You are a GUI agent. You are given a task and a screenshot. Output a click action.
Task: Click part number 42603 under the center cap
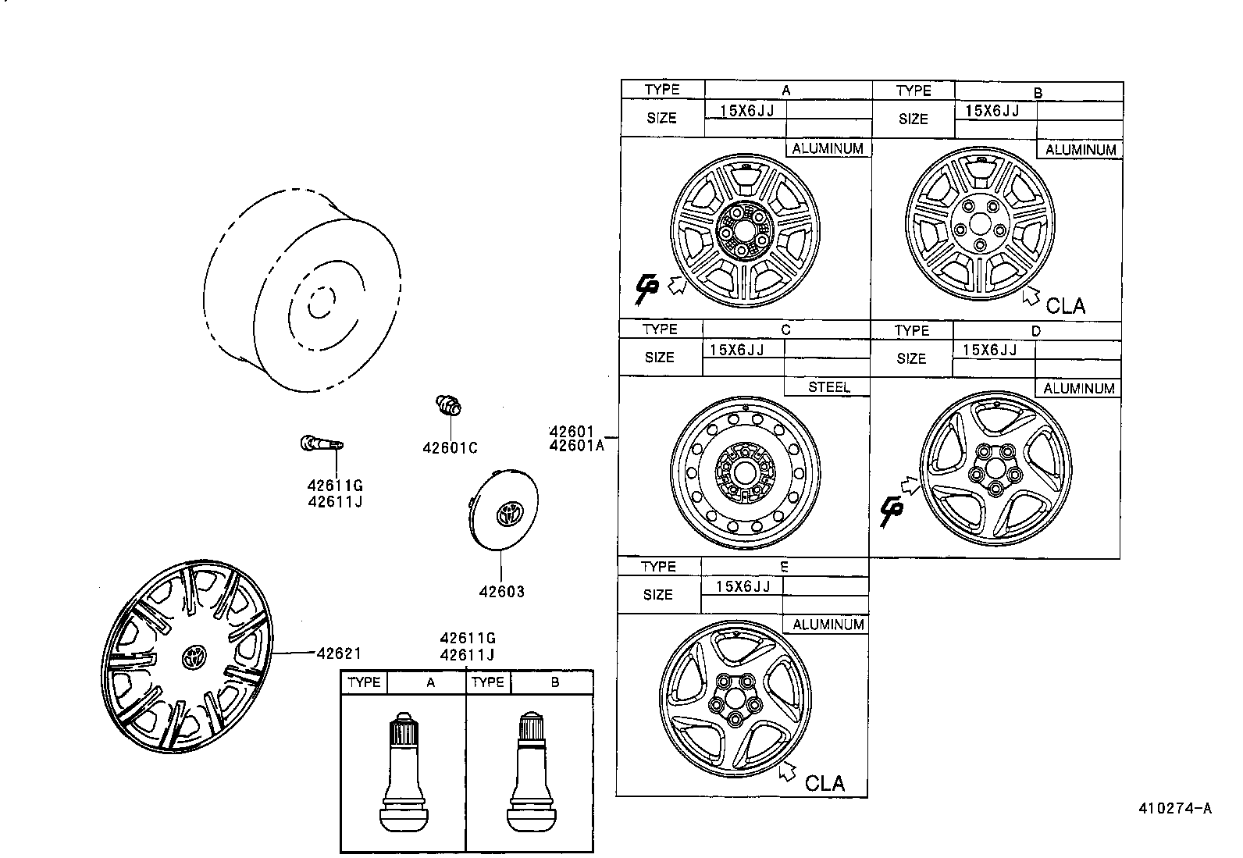[501, 592]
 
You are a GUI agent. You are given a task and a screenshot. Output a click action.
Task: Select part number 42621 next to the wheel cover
[338, 653]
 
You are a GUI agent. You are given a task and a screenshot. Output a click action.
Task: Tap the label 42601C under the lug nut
[450, 448]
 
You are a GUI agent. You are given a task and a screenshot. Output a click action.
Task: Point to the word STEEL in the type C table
[828, 387]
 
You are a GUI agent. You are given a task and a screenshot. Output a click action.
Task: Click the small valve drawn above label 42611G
[319, 444]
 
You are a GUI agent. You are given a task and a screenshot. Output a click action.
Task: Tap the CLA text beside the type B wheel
[1065, 305]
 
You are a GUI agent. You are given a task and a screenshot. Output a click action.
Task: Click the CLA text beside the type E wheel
[825, 782]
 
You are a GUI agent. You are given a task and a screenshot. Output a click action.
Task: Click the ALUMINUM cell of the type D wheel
[1078, 389]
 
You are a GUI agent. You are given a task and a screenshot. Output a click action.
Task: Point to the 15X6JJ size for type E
[743, 586]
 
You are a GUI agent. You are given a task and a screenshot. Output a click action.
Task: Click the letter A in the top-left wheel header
[786, 90]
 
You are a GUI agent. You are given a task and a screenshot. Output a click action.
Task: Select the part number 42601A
[576, 446]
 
